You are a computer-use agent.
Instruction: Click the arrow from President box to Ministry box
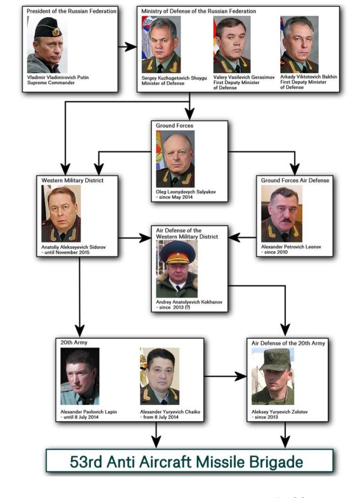(x=127, y=47)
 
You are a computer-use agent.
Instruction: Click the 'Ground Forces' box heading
(x=174, y=126)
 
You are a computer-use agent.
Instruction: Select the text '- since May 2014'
(x=174, y=198)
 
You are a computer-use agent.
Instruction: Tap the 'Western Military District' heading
(x=73, y=180)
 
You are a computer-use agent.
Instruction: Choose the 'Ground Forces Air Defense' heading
(x=295, y=180)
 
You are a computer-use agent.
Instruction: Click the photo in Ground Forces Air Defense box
(x=282, y=213)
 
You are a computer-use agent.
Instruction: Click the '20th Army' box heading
(x=72, y=343)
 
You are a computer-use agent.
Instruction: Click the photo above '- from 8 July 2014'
(x=160, y=376)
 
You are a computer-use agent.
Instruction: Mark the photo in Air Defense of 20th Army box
(x=272, y=376)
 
